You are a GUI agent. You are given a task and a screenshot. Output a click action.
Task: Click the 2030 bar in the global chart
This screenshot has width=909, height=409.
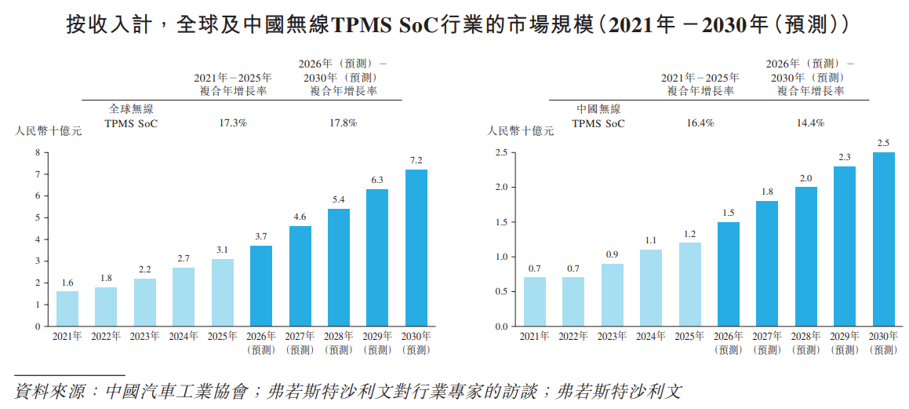pos(416,247)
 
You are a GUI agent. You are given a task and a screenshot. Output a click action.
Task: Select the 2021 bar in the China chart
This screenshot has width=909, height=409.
pos(534,301)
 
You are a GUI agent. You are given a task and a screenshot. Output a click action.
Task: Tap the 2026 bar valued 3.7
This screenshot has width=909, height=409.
pos(261,286)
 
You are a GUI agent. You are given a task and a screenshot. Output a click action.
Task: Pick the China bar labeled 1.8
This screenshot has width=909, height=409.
pos(767,263)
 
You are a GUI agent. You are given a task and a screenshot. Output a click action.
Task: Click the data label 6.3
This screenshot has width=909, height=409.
pos(377,180)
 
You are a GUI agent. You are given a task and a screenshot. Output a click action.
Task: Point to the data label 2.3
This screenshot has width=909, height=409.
pos(845,157)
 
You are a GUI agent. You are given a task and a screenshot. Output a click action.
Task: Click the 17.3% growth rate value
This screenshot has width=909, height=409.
pos(232,122)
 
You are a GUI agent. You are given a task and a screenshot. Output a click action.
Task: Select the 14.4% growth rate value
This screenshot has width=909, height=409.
pos(809,122)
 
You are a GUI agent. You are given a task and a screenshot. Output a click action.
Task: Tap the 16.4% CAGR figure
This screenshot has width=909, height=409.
pos(700,122)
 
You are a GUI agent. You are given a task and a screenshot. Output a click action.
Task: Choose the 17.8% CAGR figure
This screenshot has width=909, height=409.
pos(343,122)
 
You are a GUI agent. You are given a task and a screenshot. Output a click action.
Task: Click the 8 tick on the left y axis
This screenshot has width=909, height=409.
pos(37,152)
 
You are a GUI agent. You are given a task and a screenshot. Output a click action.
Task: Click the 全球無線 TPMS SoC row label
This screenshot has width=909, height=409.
pos(131,116)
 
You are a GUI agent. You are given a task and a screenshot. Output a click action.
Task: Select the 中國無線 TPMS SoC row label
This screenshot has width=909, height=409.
pos(598,116)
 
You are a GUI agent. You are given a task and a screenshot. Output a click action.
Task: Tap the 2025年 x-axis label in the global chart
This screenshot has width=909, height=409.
pos(222,336)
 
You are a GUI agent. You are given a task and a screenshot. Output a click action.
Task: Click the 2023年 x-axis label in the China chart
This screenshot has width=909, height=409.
pos(612,336)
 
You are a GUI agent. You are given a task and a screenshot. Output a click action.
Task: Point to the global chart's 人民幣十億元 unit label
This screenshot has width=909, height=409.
pos(48,131)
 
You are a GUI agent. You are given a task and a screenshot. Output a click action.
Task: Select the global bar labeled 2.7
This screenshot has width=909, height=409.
pos(184,297)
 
